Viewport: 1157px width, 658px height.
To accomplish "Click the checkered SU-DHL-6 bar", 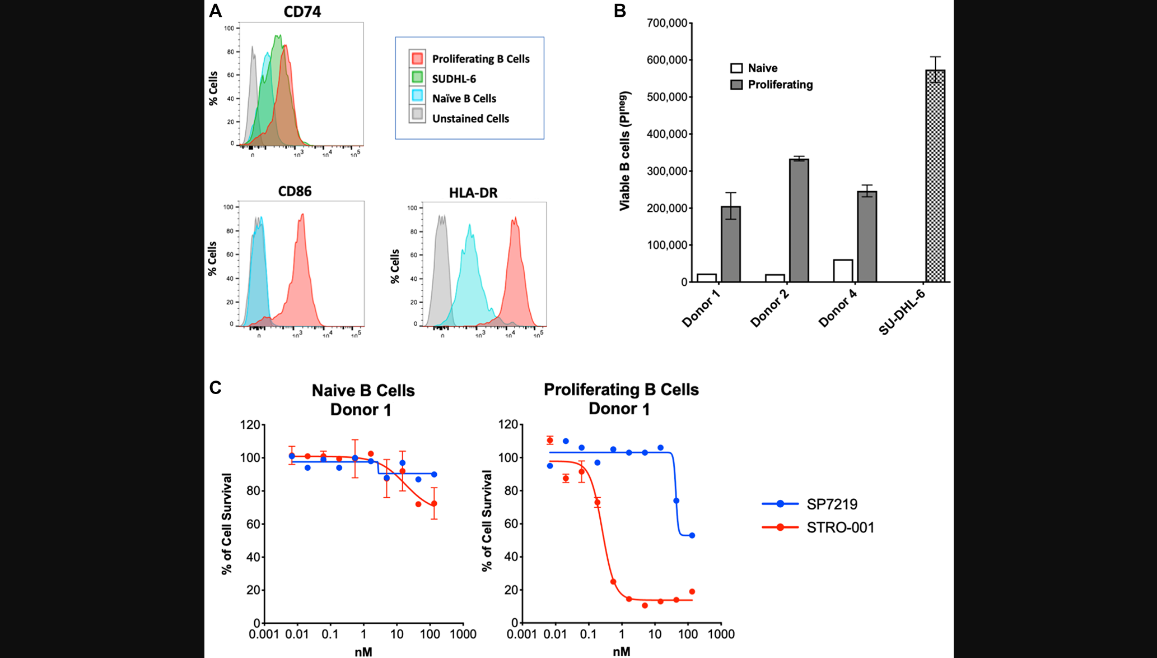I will point(935,176).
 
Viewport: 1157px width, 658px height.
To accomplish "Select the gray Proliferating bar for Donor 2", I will point(799,221).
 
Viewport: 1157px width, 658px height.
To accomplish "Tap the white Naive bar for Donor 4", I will point(843,271).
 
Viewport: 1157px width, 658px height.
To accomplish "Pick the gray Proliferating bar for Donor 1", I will point(731,244).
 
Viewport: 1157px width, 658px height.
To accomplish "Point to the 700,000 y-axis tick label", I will point(667,23).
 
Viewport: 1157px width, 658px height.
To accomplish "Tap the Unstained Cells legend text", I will point(470,119).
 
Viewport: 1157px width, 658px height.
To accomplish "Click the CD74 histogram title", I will point(302,12).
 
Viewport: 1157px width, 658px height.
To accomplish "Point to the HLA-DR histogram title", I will point(473,193).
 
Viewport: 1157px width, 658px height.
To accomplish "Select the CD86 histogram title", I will point(295,191).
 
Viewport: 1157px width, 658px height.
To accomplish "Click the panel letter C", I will point(215,387).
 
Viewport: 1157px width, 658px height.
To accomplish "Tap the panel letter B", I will point(619,11).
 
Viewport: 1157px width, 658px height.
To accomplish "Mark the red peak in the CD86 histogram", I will point(302,215).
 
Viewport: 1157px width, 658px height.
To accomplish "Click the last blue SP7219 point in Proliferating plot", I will point(692,535).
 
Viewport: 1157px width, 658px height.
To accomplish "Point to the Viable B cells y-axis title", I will point(624,151).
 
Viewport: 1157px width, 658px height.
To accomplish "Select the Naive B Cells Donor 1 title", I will point(362,400).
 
